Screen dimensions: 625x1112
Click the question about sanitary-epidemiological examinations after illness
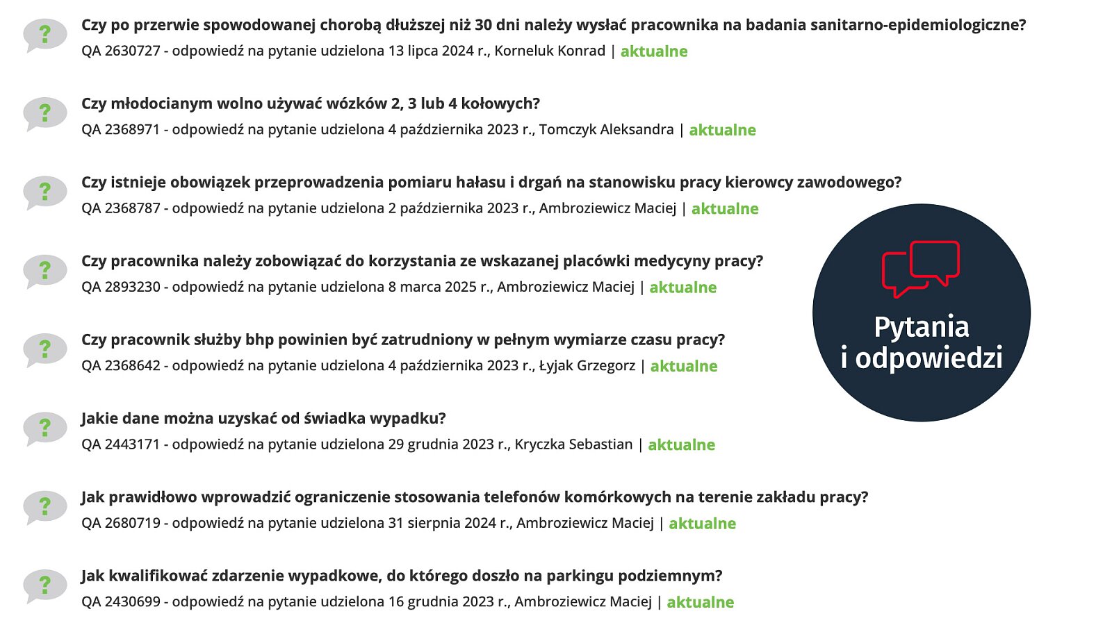pos(553,25)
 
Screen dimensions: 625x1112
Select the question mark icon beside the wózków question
pos(45,113)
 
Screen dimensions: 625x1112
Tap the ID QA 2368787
pos(121,208)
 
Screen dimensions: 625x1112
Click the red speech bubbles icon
pos(921,269)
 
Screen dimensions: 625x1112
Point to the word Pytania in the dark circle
pos(922,327)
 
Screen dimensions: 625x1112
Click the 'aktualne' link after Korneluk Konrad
pos(654,51)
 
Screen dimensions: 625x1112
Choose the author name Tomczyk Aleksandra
pos(606,130)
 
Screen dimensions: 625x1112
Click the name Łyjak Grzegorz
pos(587,366)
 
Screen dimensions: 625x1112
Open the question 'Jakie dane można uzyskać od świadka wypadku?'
pos(263,418)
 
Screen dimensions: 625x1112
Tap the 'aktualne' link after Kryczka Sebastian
pos(682,445)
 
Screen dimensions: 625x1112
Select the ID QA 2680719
pos(121,523)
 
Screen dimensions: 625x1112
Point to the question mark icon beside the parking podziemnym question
pos(45,585)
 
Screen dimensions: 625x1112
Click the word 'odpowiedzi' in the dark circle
pos(929,358)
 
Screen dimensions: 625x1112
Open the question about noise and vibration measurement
pos(491,183)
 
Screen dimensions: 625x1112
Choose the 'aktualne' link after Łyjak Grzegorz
pos(684,366)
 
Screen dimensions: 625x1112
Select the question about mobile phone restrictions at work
pos(475,497)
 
